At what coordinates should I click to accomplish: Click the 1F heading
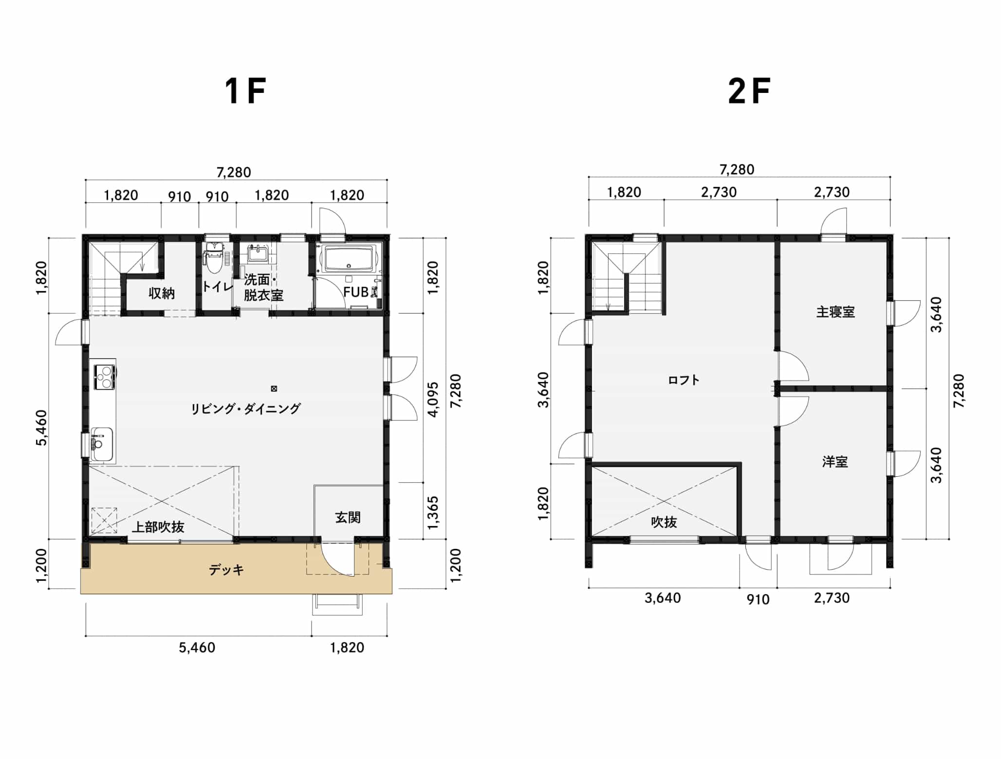point(245,91)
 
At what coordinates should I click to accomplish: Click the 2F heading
point(749,91)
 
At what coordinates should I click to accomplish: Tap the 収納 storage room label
point(162,293)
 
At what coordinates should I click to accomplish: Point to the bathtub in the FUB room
point(351,259)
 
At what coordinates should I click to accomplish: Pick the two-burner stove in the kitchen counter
point(105,377)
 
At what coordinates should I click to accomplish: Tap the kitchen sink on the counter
point(102,444)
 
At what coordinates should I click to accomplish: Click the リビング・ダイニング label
point(245,409)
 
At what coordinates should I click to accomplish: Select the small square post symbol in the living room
point(274,389)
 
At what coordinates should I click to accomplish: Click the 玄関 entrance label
point(348,517)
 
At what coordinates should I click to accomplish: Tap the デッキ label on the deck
point(226,570)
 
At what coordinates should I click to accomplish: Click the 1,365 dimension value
point(433,512)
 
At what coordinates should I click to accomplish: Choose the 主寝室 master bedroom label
point(835,312)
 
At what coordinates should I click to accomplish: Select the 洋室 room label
point(835,462)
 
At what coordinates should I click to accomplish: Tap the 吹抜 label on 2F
point(664,523)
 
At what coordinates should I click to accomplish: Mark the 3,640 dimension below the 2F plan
point(663,598)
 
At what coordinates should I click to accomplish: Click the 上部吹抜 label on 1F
point(158,527)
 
